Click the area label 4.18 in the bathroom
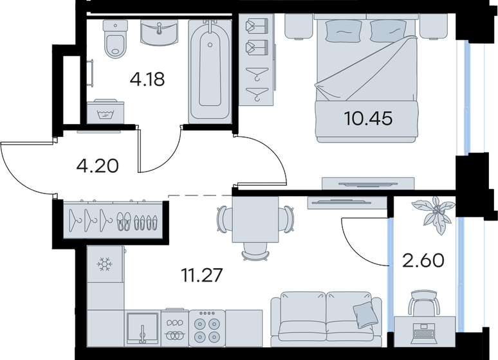click(147, 80)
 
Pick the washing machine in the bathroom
click(105, 111)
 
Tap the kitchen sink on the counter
click(142, 327)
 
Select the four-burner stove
click(207, 327)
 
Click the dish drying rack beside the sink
click(174, 328)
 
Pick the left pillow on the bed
click(338, 30)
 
